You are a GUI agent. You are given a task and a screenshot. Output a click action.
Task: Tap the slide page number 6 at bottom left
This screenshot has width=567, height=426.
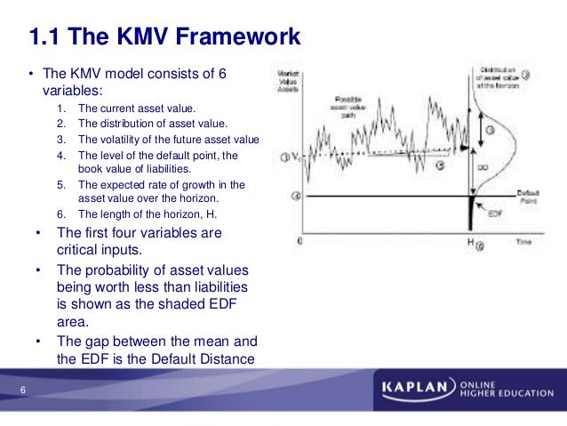[x=22, y=391]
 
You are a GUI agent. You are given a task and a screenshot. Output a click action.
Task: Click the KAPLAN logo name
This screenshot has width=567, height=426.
[x=416, y=390]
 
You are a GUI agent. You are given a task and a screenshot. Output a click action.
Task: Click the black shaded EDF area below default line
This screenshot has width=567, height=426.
[x=472, y=213]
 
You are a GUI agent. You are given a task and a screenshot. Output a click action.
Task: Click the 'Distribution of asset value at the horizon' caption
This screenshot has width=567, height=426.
[x=499, y=76]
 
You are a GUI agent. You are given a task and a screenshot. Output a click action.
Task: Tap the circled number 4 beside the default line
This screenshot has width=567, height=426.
[x=296, y=196]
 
